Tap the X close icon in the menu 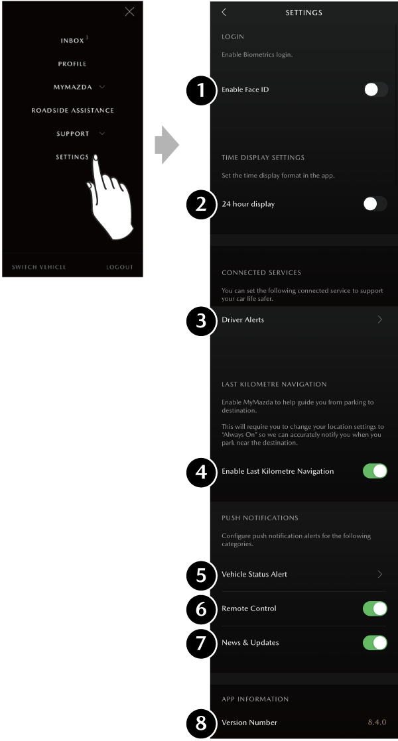click(x=129, y=12)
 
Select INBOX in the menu click(x=72, y=40)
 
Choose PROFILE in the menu click(x=72, y=64)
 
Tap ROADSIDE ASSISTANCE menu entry click(x=72, y=110)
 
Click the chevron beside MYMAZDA click(x=101, y=87)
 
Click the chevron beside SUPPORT click(x=101, y=134)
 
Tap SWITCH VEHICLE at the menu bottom click(x=38, y=267)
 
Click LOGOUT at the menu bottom click(x=119, y=267)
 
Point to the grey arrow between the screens click(x=167, y=144)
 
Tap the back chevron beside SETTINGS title click(x=224, y=13)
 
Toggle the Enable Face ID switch click(x=376, y=89)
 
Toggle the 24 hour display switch click(x=375, y=203)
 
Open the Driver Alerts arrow click(x=380, y=319)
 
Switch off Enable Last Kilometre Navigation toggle click(x=375, y=471)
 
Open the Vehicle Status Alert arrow click(x=380, y=574)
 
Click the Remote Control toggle click(x=375, y=608)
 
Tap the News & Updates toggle click(x=375, y=643)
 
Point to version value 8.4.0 click(x=377, y=722)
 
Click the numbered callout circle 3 click(x=202, y=320)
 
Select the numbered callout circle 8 click(x=202, y=723)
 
